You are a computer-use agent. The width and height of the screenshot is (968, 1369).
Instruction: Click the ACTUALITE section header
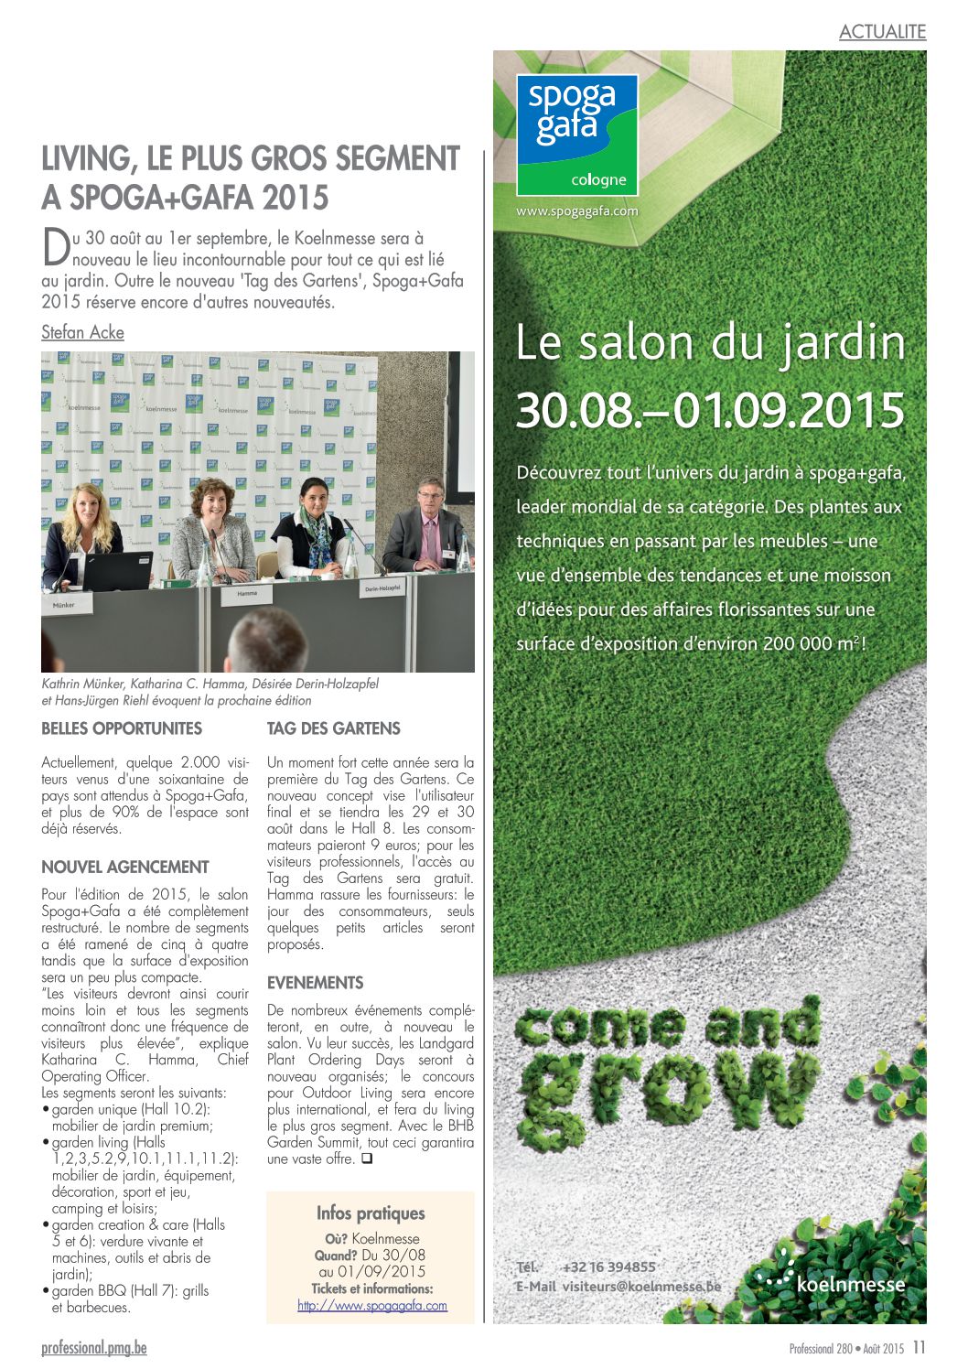click(882, 31)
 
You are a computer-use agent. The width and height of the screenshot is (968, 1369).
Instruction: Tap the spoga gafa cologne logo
click(576, 135)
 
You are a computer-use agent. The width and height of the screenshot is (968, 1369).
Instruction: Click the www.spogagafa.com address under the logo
click(576, 211)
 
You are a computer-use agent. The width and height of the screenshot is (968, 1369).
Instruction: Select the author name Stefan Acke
click(82, 332)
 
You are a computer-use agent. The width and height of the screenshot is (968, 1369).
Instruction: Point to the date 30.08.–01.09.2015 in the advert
click(710, 410)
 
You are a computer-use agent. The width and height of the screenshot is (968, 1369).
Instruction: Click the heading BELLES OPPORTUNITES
click(122, 728)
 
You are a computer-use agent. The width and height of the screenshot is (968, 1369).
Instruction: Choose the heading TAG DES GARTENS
click(333, 728)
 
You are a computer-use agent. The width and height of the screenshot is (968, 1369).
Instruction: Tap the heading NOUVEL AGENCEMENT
click(125, 867)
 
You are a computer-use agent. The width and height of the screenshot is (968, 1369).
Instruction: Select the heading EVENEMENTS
click(315, 983)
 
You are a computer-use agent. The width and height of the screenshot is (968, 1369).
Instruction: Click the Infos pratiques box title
click(371, 1213)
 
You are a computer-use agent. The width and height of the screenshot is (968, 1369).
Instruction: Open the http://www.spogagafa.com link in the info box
click(371, 1306)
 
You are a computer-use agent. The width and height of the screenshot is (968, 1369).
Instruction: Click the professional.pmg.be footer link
click(93, 1347)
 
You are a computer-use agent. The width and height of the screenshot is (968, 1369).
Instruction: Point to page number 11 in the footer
click(919, 1347)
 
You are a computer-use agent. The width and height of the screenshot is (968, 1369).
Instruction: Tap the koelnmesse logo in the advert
click(833, 1277)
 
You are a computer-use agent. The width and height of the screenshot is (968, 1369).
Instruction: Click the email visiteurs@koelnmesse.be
click(640, 1286)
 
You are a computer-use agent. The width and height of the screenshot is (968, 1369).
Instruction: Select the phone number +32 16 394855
click(608, 1267)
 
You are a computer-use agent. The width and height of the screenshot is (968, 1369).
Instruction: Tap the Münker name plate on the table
click(64, 605)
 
